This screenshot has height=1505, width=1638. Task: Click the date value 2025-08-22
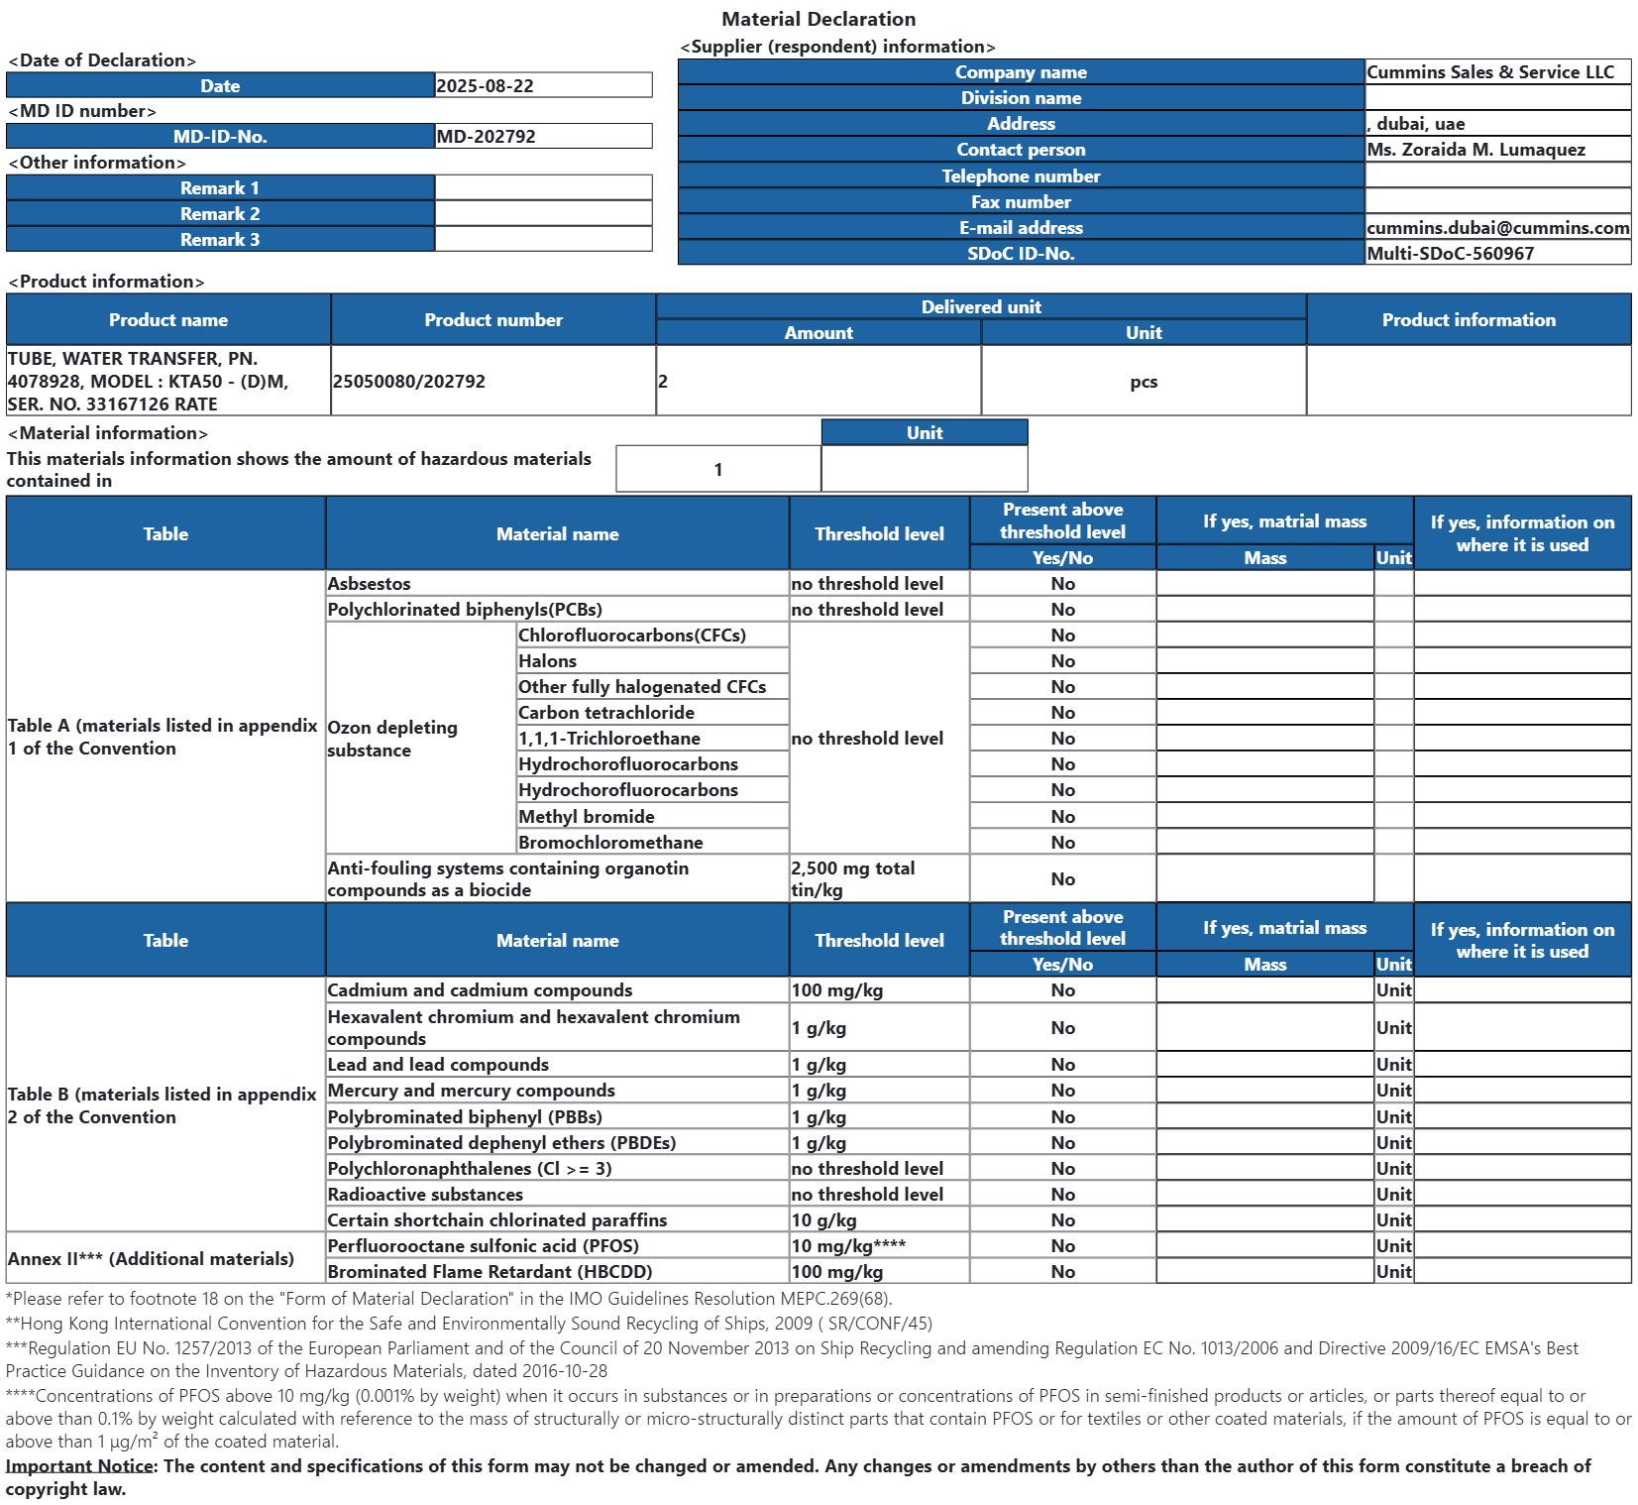pos(486,86)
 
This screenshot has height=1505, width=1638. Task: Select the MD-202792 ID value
pos(487,137)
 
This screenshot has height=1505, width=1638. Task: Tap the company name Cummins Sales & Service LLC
pos(1490,72)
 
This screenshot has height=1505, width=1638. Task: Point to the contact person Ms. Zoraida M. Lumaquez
pos(1476,150)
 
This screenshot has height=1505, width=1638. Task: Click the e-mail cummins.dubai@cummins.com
pos(1497,228)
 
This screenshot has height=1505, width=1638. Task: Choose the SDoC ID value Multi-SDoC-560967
pos(1451,254)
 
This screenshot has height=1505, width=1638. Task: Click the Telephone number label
pos(1021,176)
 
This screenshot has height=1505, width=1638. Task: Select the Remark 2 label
pos(220,214)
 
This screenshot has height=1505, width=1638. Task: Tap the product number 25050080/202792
pos(409,382)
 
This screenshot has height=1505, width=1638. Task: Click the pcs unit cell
pos(1144,382)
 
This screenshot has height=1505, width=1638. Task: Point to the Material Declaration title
pos(819,19)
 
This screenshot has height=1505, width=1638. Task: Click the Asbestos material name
pos(370,584)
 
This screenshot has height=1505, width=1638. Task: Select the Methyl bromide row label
pos(587,817)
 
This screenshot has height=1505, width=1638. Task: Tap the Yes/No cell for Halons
pos(1062,661)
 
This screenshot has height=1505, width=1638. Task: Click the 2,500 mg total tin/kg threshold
pos(853,879)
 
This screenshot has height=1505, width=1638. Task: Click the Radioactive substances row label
pos(425,1195)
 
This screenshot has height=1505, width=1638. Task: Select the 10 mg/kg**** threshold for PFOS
pos(848,1246)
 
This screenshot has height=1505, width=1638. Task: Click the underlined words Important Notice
pos(80,1466)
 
